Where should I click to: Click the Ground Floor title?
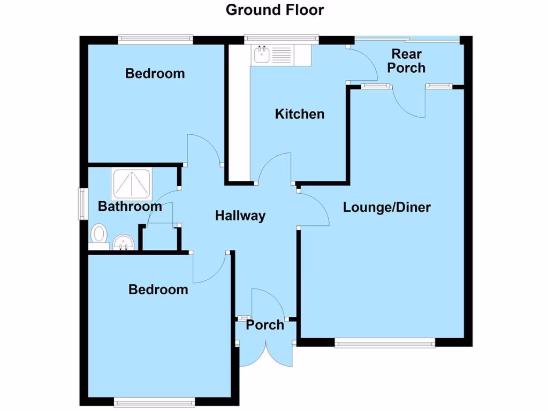pos(275,10)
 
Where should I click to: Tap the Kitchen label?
pos(300,114)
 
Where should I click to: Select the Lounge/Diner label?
pos(386,208)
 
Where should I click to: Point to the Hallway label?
pos(240,216)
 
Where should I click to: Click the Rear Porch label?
pos(407,61)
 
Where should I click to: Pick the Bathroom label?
pos(130,206)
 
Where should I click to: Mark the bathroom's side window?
pos(83,203)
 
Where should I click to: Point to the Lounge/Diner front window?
pos(385,342)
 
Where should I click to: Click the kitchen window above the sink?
pos(281,39)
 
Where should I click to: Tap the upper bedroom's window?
pos(155,38)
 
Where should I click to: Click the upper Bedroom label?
pos(155,73)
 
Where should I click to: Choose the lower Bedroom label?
pos(158,290)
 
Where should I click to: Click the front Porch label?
pos(265,325)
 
